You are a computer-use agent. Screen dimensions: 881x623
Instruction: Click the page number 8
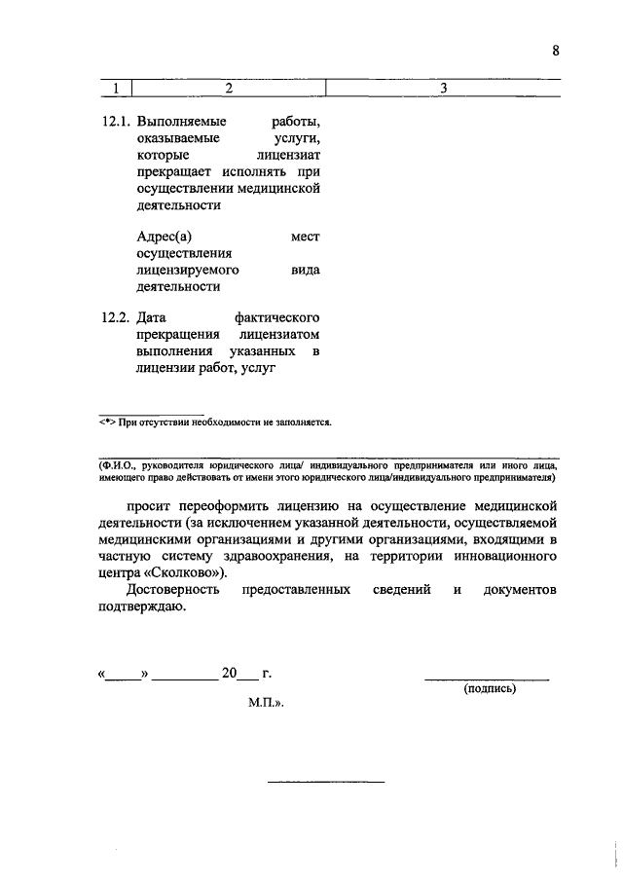[x=556, y=53]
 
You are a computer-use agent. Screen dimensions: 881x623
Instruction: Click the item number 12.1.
[x=116, y=124]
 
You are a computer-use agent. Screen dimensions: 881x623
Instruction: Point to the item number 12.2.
[x=116, y=318]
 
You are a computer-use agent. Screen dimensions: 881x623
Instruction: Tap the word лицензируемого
[x=189, y=270]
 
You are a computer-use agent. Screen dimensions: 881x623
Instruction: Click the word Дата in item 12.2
[x=153, y=318]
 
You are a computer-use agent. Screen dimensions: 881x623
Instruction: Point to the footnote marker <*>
[x=107, y=422]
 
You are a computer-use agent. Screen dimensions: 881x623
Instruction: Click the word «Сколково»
[x=182, y=573]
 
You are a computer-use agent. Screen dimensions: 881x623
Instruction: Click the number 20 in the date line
[x=229, y=674]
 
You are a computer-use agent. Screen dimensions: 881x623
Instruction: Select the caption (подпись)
[x=490, y=688]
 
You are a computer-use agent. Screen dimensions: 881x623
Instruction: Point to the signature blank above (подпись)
[x=486, y=677]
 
